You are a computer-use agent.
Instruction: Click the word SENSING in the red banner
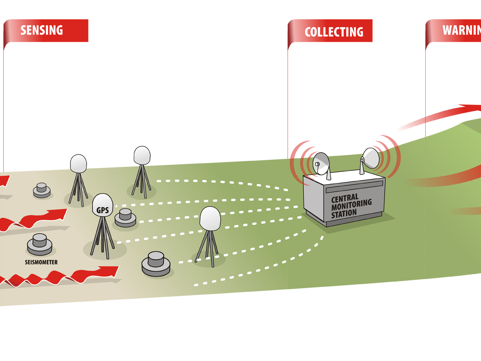click(x=42, y=30)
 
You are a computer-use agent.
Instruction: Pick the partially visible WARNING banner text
click(x=461, y=30)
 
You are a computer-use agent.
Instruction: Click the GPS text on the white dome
click(x=103, y=210)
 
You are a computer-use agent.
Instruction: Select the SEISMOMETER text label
click(x=38, y=262)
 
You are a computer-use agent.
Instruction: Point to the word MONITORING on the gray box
click(x=352, y=205)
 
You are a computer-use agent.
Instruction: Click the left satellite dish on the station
click(x=321, y=164)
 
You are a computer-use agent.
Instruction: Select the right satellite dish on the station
click(x=370, y=158)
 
